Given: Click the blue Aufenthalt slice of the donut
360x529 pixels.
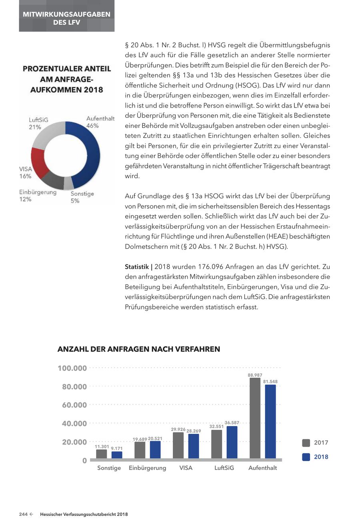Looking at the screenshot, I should pyautogui.click(x=90, y=156).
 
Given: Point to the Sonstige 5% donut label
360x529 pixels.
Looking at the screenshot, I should pyautogui.click(x=82, y=197).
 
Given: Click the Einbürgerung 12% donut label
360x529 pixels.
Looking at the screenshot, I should pyautogui.click(x=38, y=196).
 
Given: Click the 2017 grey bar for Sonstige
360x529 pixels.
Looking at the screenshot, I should pyautogui.click(x=102, y=454).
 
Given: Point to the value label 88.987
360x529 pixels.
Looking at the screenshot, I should pyautogui.click(x=255, y=375).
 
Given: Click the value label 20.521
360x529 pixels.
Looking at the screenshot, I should pyautogui.click(x=155, y=439).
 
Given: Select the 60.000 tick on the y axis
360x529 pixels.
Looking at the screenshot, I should pyautogui.click(x=74, y=405).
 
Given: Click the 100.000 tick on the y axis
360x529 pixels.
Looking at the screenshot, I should pyautogui.click(x=72, y=368).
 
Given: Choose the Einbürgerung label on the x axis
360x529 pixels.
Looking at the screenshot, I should pyautogui.click(x=147, y=468).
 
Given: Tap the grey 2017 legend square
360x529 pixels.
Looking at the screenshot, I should pyautogui.click(x=306, y=443).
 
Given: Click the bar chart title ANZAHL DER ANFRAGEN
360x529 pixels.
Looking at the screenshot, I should pyautogui.click(x=139, y=349).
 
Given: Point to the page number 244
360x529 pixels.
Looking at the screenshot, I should pyautogui.click(x=23, y=514).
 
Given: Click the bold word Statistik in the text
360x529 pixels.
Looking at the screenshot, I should pyautogui.click(x=137, y=267).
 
